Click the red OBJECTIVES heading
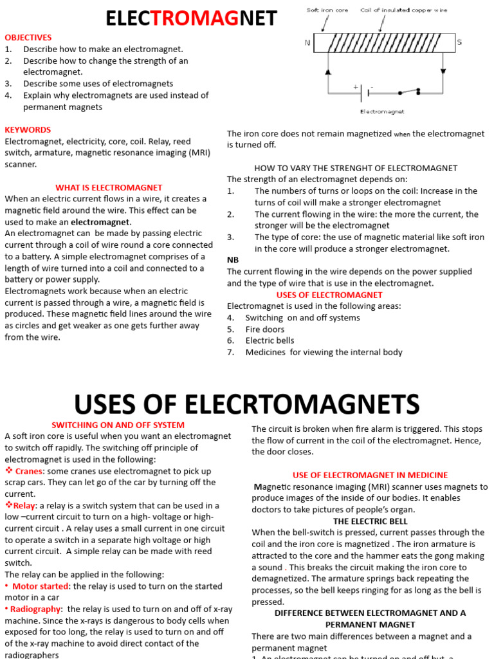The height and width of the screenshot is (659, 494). (x=28, y=37)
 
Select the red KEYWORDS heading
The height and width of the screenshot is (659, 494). (x=28, y=129)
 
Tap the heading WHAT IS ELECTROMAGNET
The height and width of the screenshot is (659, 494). (x=109, y=187)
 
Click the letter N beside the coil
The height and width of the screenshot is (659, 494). (x=307, y=43)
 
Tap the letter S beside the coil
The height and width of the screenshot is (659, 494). (x=459, y=43)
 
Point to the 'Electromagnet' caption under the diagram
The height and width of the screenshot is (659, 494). (x=381, y=111)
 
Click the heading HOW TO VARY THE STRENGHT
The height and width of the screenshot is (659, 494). (x=356, y=168)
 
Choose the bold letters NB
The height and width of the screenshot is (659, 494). (x=233, y=259)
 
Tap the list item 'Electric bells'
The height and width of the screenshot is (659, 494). (x=270, y=340)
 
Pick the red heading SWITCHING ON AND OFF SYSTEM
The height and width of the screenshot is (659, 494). (x=118, y=425)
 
